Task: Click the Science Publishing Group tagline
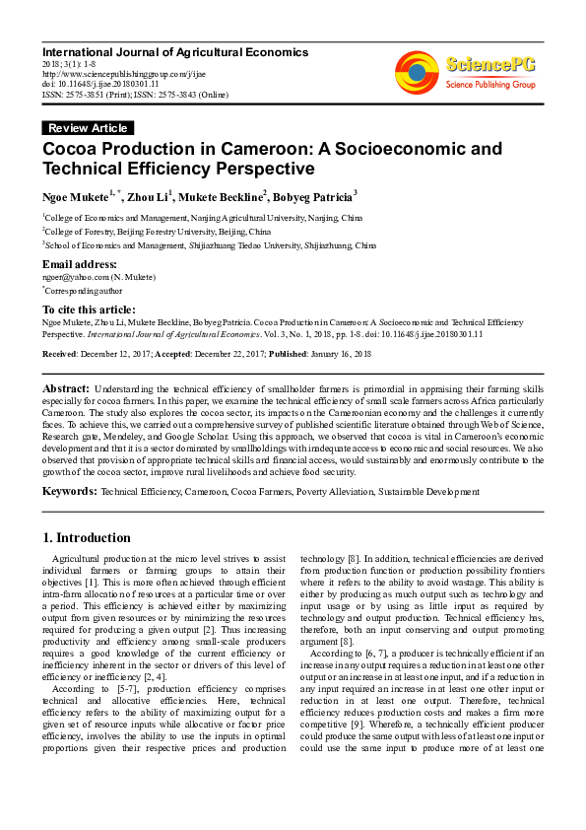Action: pos(490,85)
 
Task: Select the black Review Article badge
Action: pos(88,128)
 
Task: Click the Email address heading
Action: pos(80,264)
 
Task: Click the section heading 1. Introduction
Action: pos(87,538)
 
